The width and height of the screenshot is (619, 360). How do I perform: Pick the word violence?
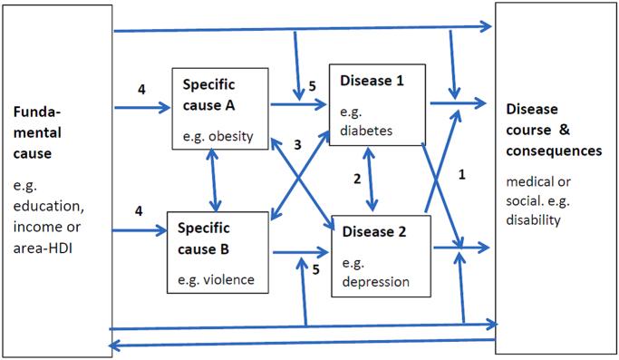(224, 279)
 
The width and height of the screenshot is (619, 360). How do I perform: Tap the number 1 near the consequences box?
(461, 172)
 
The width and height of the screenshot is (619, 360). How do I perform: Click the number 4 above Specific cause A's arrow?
(141, 89)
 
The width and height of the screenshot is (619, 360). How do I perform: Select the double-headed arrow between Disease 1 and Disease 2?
(372, 180)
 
